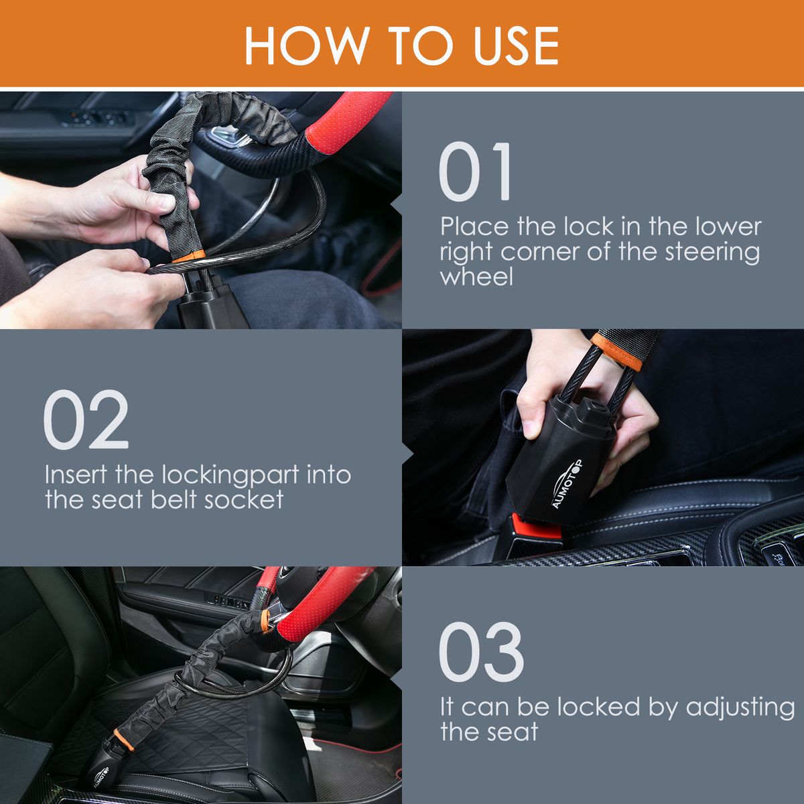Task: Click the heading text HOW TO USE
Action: (x=401, y=46)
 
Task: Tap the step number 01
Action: (x=476, y=172)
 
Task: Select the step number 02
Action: (x=86, y=420)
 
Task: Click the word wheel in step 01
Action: (x=476, y=277)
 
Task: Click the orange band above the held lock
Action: (x=620, y=349)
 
